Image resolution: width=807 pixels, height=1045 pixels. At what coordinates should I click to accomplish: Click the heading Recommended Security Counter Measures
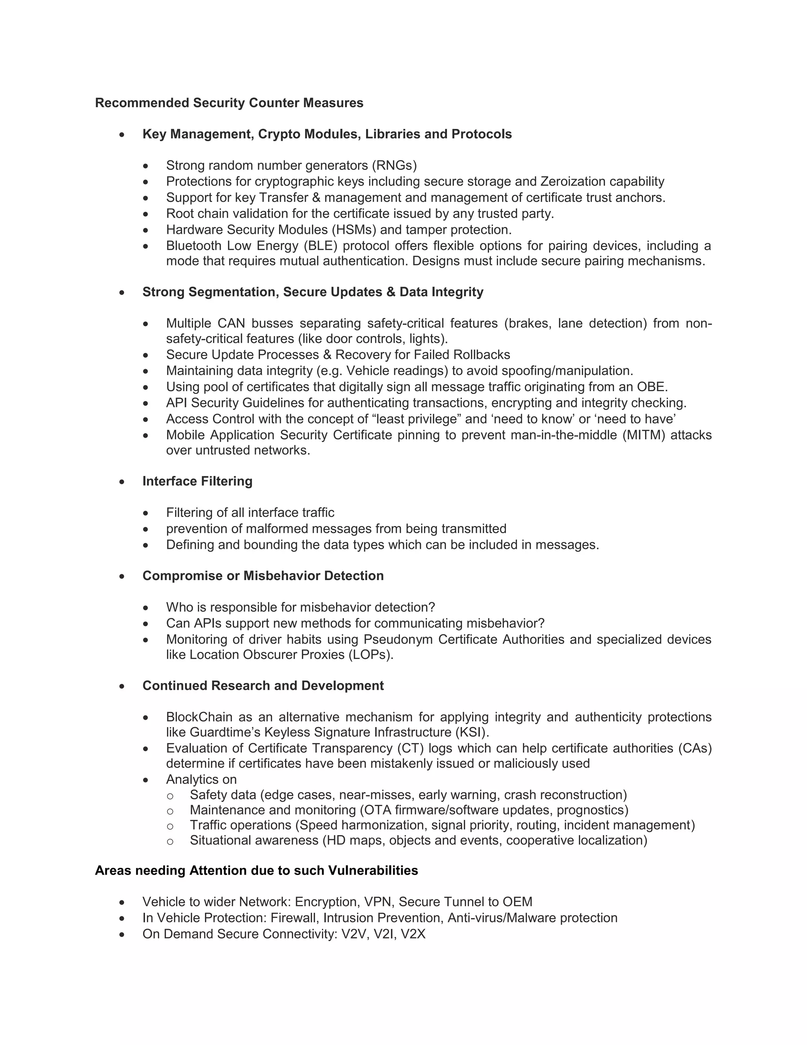click(x=229, y=103)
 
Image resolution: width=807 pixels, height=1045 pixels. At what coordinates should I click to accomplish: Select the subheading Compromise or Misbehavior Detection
click(x=263, y=576)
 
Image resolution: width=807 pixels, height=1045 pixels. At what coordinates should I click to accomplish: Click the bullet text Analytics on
click(x=201, y=780)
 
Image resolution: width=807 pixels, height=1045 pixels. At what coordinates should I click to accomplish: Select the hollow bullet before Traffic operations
click(x=170, y=826)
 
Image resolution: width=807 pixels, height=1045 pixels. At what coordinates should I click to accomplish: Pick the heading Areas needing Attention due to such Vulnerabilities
click(x=256, y=870)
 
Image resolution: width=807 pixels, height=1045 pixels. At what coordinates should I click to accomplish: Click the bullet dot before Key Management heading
click(x=123, y=135)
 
